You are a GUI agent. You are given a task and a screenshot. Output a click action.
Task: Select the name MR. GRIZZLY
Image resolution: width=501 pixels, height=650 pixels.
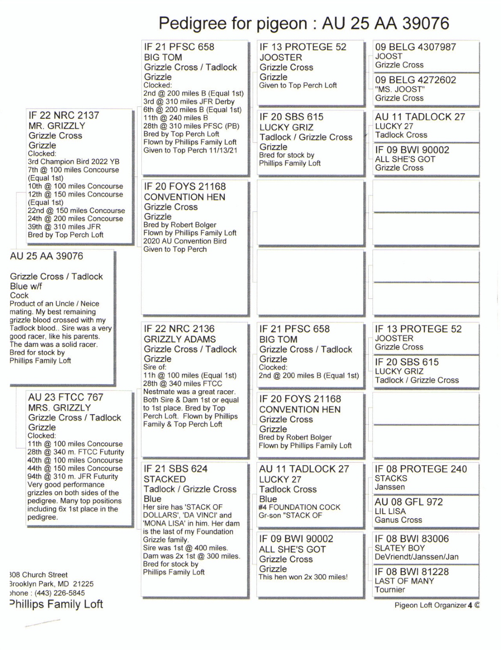(x=57, y=126)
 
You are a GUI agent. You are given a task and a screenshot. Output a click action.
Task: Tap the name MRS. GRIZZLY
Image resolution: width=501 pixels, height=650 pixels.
(x=60, y=407)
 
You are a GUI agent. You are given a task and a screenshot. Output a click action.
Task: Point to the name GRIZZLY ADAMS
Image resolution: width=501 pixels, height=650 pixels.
(x=179, y=339)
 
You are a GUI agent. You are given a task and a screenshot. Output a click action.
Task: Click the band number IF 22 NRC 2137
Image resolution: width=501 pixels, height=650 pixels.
(x=63, y=115)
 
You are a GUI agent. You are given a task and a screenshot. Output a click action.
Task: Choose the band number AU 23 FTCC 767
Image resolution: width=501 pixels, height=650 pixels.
(x=66, y=397)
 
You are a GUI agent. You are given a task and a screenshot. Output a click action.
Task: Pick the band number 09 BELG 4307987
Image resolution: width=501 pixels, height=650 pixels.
(x=415, y=47)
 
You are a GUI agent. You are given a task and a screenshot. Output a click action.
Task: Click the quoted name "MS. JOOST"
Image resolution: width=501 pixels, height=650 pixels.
(x=400, y=89)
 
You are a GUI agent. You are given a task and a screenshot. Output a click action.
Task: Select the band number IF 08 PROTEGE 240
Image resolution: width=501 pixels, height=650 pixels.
(x=420, y=469)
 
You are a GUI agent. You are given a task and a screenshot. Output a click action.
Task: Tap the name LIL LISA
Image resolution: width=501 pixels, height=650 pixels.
(x=390, y=511)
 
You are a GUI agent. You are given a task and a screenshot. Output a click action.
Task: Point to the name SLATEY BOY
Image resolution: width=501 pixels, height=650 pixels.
(x=400, y=548)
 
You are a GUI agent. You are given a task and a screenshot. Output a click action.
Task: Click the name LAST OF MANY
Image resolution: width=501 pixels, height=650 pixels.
(x=404, y=581)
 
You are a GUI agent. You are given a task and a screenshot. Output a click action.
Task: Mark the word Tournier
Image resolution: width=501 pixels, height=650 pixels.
(x=390, y=590)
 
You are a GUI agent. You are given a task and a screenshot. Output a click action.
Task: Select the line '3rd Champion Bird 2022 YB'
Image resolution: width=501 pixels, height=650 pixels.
(x=73, y=162)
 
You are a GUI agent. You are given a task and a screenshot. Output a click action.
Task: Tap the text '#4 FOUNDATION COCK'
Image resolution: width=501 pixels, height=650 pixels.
(x=299, y=507)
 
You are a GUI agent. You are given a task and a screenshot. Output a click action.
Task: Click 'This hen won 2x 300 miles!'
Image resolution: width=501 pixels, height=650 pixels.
(x=303, y=577)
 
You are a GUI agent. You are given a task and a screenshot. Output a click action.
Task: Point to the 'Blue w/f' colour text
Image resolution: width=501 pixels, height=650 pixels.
(x=26, y=286)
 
